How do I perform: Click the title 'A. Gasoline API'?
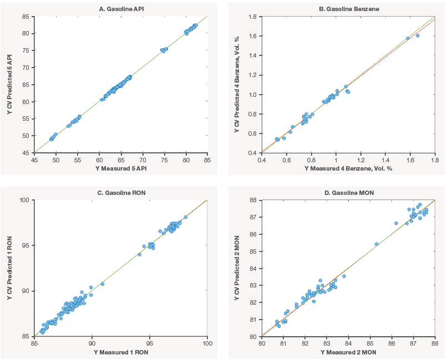coord(121,9)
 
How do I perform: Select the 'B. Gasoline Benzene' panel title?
coord(349,9)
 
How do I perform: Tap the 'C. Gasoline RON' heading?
coord(121,193)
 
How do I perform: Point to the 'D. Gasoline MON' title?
coord(349,193)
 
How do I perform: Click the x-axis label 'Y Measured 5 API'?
coord(121,168)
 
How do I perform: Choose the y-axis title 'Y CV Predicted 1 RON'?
coord(10,268)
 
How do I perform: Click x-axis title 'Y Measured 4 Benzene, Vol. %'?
coord(348,168)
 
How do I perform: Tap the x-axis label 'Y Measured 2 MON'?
coord(348,352)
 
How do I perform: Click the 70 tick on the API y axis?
coord(26,68)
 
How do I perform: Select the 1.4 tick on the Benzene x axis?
coord(385,160)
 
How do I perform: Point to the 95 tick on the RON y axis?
coord(26,245)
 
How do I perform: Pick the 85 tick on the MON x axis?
coord(370,343)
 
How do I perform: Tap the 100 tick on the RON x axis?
coord(207,343)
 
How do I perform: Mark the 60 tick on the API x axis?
coord(99,160)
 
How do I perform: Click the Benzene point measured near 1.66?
coord(418,35)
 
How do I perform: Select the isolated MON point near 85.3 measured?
coord(376,244)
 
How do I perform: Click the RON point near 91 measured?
coord(103,284)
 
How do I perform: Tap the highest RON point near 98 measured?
coord(185,217)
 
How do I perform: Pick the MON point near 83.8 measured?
coord(344,276)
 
